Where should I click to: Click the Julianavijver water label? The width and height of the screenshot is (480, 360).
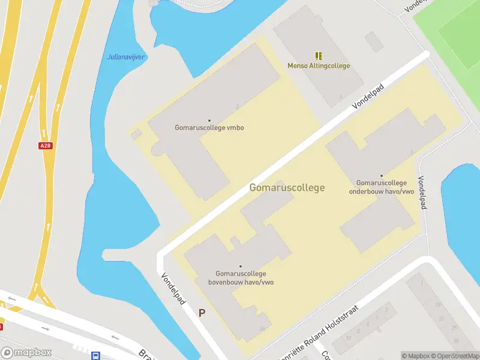tap(126, 57)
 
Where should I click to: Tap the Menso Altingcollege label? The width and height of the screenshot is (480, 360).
tap(319, 66)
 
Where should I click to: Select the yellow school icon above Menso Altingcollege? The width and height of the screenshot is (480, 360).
tap(319, 55)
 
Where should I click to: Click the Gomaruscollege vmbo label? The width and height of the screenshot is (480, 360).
tap(209, 128)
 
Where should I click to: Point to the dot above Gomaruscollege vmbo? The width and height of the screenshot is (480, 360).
tap(209, 121)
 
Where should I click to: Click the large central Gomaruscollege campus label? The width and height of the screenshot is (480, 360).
tap(287, 187)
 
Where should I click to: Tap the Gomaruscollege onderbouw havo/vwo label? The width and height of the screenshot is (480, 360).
tap(382, 187)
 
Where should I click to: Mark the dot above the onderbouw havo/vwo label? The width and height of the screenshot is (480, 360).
tap(381, 176)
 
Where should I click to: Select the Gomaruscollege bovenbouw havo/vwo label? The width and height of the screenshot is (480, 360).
tap(241, 278)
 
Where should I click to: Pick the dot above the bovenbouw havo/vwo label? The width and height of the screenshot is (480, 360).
tap(241, 266)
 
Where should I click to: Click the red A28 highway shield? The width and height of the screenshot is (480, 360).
tap(44, 146)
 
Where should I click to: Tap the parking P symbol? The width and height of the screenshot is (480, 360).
tap(202, 313)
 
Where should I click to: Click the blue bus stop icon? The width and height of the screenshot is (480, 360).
tap(95, 355)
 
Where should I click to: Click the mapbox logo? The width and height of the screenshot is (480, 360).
tap(26, 353)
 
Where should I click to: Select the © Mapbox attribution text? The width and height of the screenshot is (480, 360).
tap(416, 356)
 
